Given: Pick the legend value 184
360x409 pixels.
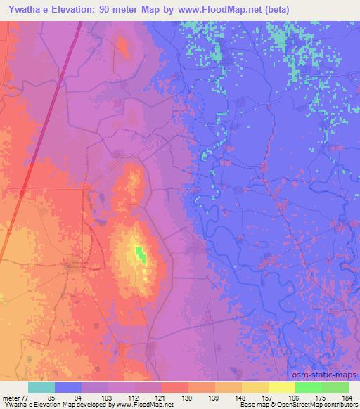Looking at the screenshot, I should (348, 397).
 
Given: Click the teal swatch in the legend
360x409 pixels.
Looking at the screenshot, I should (41, 387).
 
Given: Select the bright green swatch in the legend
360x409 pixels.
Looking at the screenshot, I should (308, 387).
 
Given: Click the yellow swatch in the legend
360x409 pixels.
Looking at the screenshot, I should (281, 387).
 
